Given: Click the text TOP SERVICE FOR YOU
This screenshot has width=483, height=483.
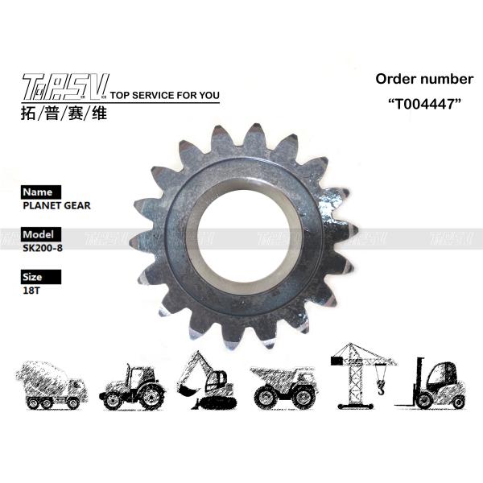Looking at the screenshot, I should coord(163,95).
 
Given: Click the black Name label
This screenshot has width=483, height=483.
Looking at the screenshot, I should coord(39,192).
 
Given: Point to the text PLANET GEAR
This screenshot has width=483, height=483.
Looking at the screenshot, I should coord(57,205).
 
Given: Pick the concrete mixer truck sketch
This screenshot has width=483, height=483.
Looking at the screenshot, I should coord(50,385).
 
